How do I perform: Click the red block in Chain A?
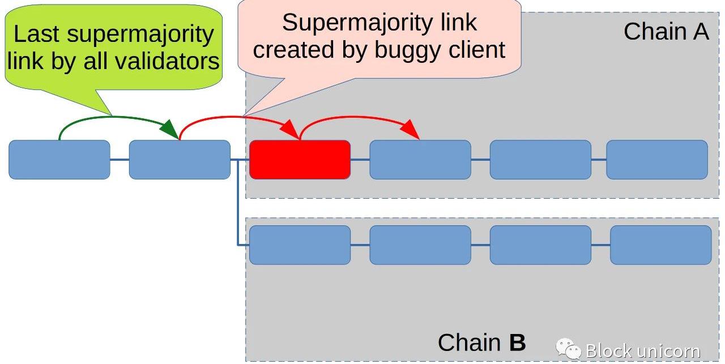(300, 160)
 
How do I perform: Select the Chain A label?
(666, 31)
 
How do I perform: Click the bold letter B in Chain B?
(517, 342)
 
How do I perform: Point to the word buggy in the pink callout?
(409, 50)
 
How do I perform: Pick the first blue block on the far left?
(59, 160)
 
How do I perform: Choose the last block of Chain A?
(657, 160)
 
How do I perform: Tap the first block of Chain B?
(300, 245)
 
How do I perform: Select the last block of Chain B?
(660, 245)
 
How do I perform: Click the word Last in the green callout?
(36, 34)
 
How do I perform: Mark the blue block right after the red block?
(420, 160)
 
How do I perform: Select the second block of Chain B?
(420, 245)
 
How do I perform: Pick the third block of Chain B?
(540, 245)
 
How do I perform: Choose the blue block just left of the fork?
(180, 160)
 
